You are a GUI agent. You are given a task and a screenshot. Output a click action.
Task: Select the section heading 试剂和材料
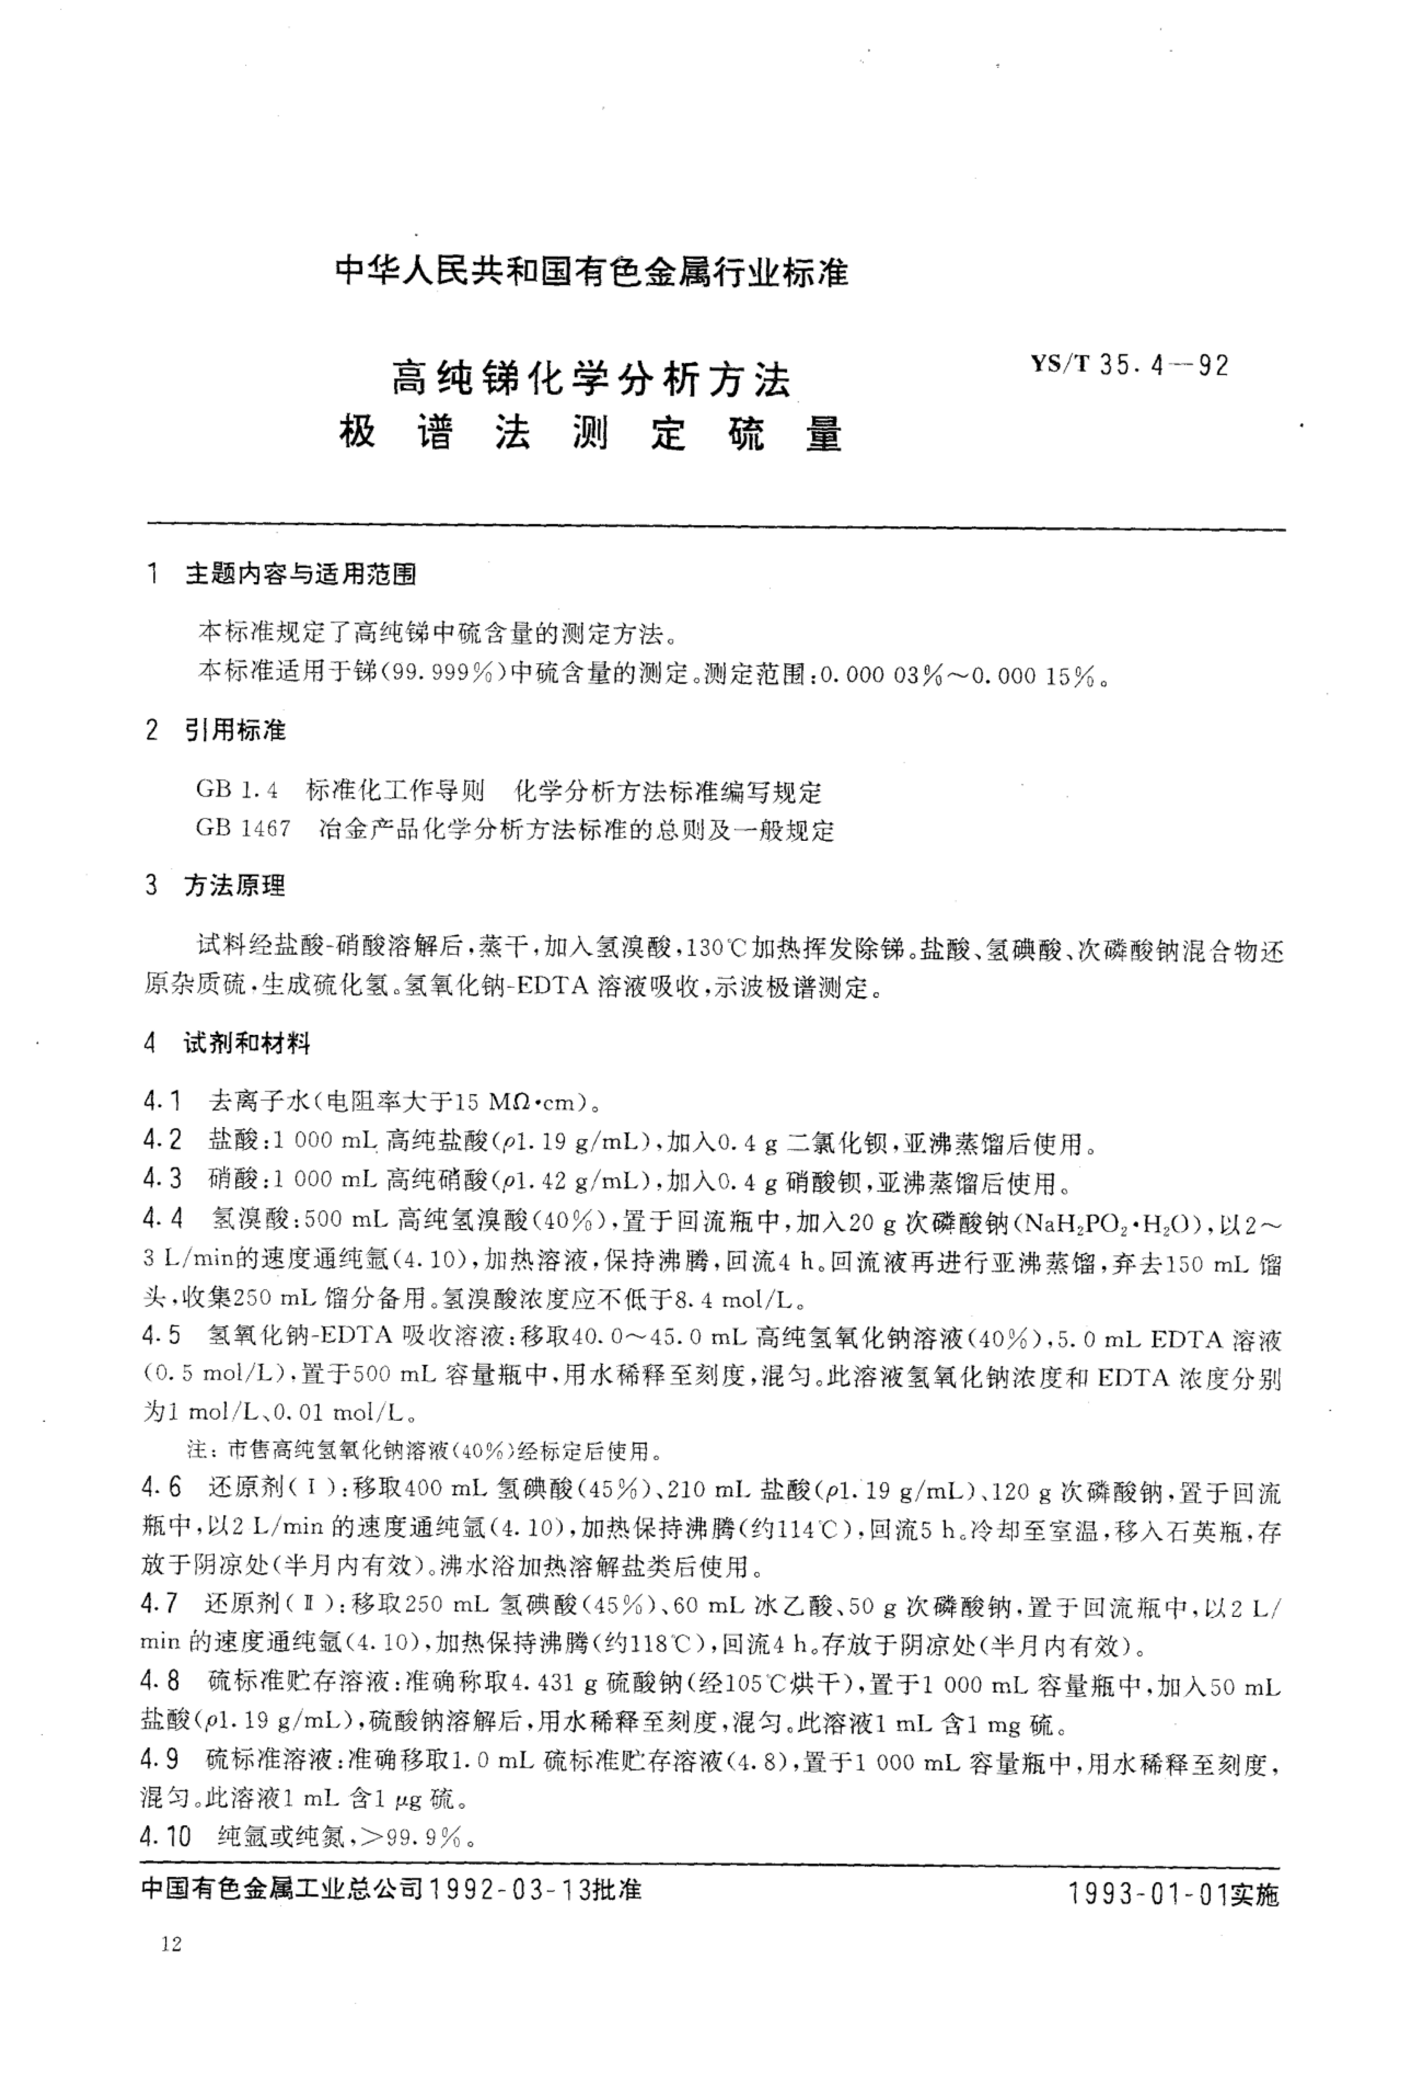(x=247, y=1042)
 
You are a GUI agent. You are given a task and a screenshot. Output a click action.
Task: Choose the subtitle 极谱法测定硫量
(x=590, y=435)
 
